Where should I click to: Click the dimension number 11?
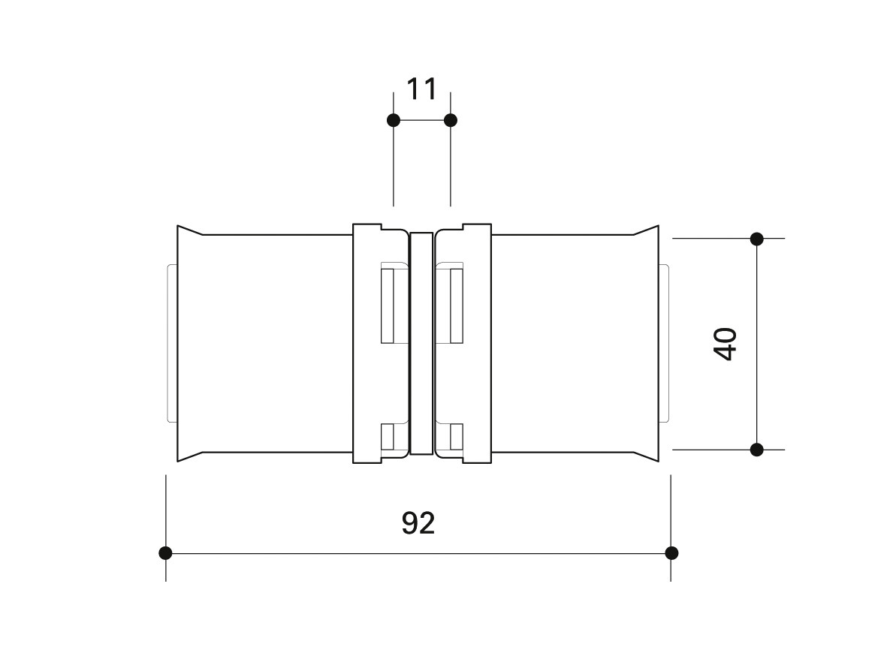[421, 89]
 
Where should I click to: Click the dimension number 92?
[418, 523]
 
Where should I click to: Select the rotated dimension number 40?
[726, 344]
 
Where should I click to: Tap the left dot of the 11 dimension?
[394, 120]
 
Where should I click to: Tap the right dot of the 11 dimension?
[451, 120]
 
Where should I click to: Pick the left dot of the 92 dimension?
[165, 553]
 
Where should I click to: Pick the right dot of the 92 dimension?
[671, 553]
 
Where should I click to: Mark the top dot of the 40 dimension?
[757, 239]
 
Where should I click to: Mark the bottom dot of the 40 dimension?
[757, 450]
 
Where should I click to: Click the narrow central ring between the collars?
[421, 343]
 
